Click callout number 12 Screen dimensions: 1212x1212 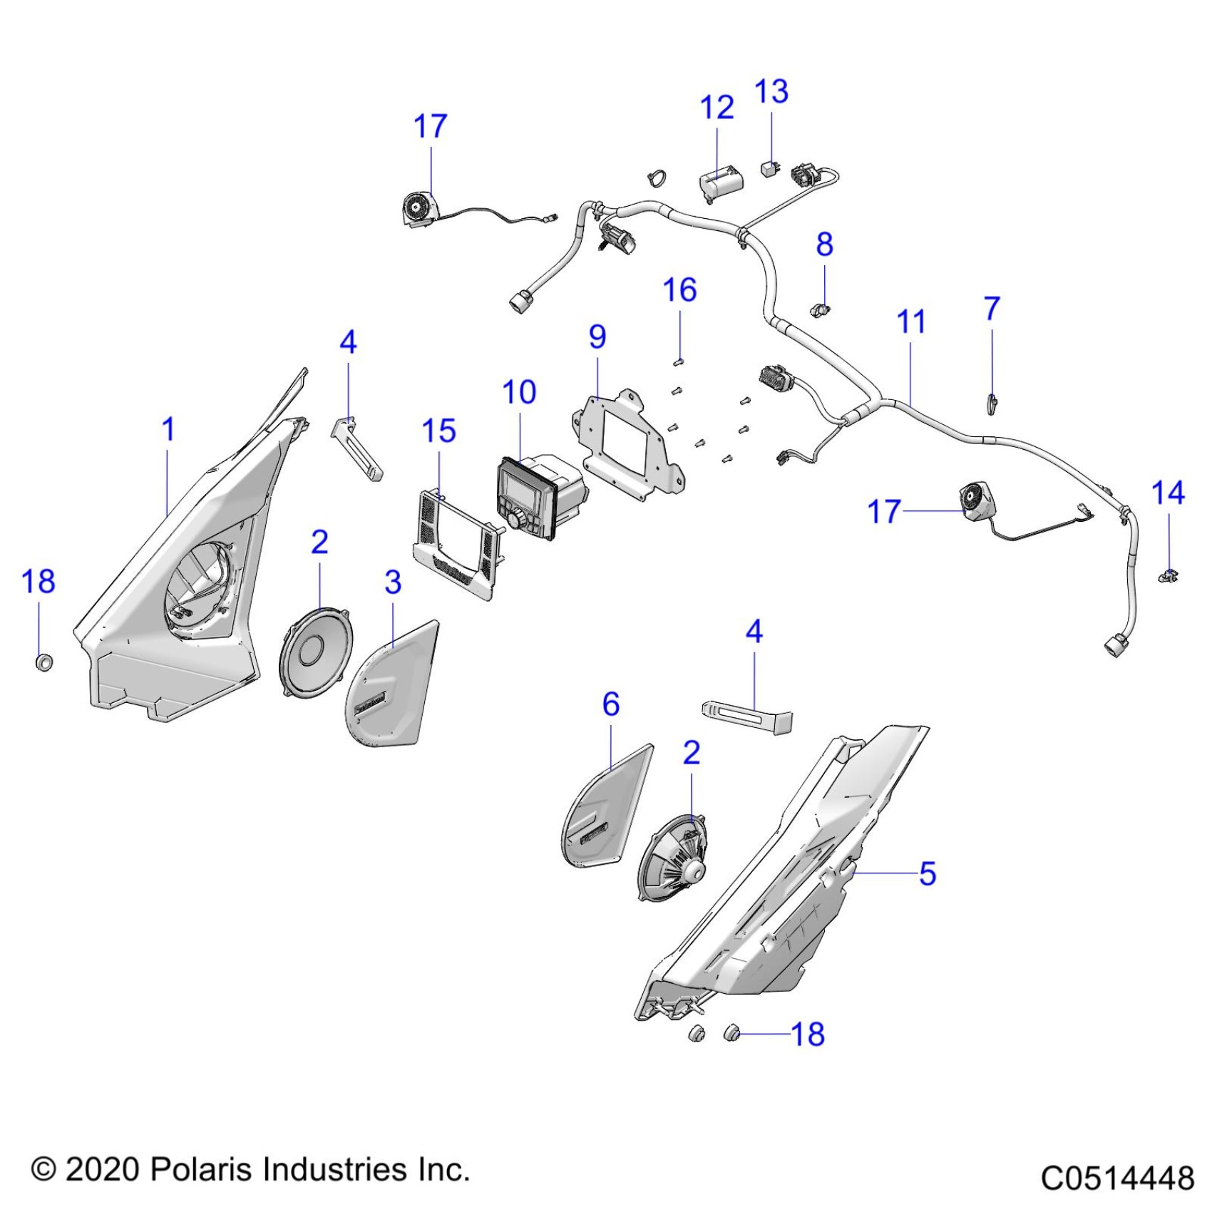pos(717,108)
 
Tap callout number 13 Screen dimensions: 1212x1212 pos(771,92)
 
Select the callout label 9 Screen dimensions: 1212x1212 pos(597,337)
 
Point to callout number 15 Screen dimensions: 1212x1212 pos(438,431)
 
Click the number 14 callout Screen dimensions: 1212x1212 pos(1168,493)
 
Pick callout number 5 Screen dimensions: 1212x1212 pos(927,873)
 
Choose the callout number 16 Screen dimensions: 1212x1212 pos(679,290)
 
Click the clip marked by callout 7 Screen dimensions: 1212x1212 pos(992,404)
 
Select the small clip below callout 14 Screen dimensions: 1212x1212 pos(1167,575)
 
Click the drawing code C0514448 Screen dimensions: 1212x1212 pos(1117,1178)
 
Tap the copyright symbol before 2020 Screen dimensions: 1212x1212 pos(43,1171)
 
